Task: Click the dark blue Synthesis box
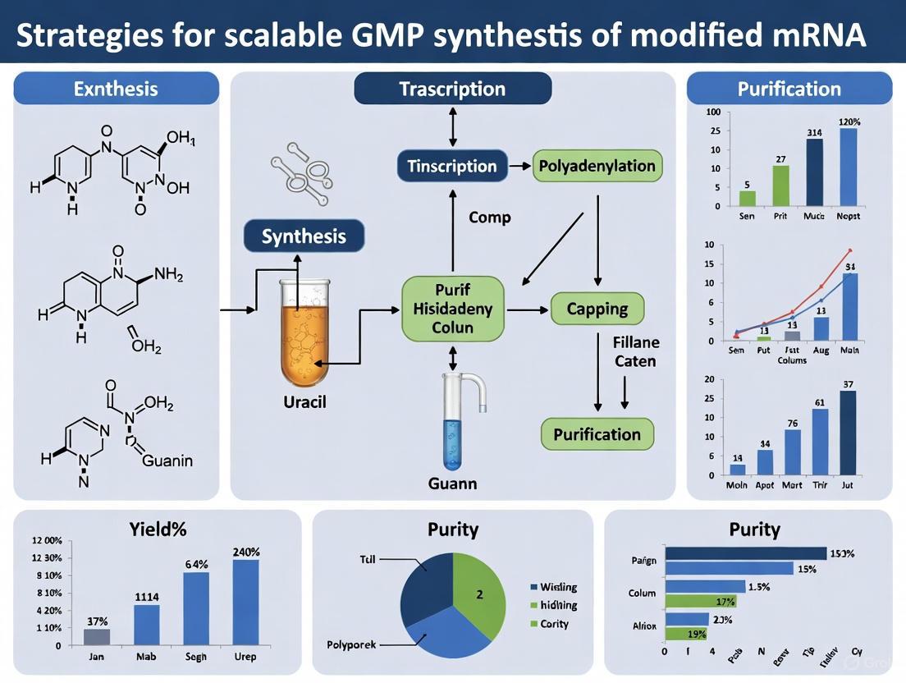click(x=304, y=236)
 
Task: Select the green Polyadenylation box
click(x=597, y=167)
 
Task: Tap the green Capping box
click(x=597, y=309)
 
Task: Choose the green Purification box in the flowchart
click(x=597, y=434)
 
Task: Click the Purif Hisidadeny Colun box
click(x=453, y=309)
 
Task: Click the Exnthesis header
click(x=116, y=88)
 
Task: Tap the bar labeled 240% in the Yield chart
click(x=245, y=602)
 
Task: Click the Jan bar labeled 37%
click(x=97, y=636)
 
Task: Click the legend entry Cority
click(x=554, y=624)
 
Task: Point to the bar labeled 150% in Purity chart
click(x=745, y=553)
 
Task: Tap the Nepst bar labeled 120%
click(x=848, y=167)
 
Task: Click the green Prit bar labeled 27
click(x=780, y=185)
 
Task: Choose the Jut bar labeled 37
click(x=848, y=433)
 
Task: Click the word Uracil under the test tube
click(x=304, y=403)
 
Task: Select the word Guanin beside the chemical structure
click(x=167, y=461)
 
